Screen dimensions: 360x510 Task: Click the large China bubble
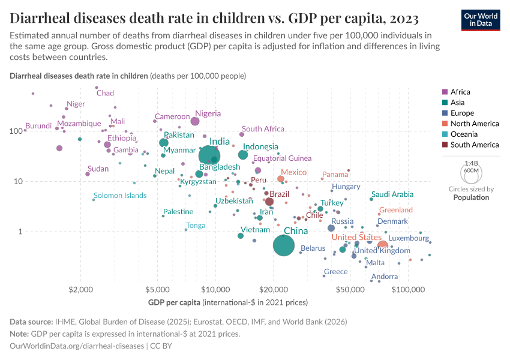coord(284,245)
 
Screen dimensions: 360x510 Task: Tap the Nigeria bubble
coord(195,121)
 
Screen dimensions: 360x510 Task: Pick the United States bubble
coord(382,245)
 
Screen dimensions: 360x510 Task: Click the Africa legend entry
coord(460,92)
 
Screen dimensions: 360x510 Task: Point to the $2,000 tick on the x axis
coord(80,289)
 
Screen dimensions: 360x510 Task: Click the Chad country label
coord(105,93)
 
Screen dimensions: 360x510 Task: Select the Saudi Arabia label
coord(392,194)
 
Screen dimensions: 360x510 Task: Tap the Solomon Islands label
coord(120,196)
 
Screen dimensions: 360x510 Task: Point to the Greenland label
coord(396,210)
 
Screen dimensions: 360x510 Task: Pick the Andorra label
coord(385,277)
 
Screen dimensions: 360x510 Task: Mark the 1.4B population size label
coord(472,163)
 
